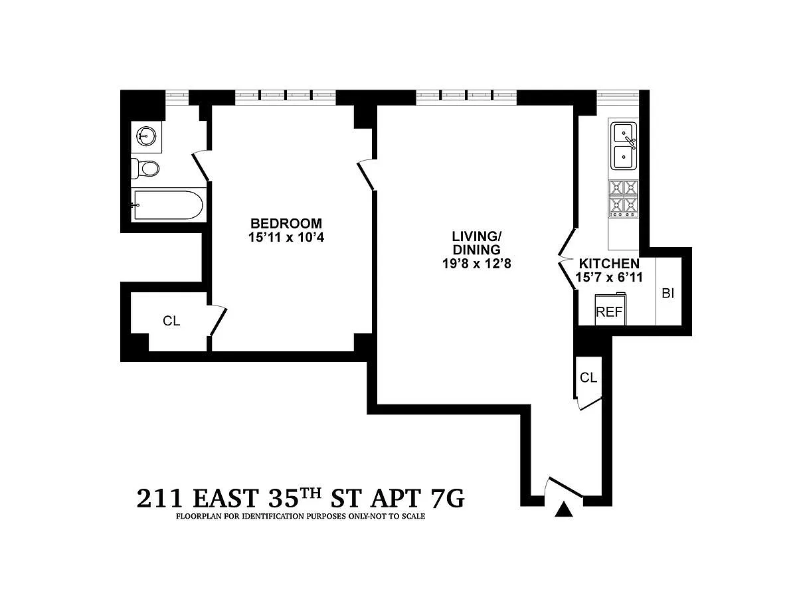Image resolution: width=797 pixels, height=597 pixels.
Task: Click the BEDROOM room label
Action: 286,223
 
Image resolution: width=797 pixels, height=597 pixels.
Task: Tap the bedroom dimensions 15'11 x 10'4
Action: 286,237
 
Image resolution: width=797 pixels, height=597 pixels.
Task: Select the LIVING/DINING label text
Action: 476,243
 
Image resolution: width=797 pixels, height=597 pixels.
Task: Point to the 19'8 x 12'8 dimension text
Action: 476,264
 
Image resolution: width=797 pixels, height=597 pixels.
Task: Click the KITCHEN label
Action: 609,263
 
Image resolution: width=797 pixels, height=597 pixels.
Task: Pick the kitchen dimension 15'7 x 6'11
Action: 609,278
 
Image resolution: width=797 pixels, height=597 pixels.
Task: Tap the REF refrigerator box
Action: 610,309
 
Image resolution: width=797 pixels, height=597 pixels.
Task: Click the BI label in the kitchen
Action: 668,294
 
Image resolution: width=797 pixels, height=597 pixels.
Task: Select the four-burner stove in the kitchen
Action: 624,199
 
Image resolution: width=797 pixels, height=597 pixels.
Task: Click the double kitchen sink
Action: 624,146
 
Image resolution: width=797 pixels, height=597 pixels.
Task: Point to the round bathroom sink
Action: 146,136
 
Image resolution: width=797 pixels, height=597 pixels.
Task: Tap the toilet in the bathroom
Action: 145,169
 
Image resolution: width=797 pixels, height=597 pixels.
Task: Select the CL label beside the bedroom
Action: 171,321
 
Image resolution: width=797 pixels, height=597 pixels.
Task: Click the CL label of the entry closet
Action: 588,378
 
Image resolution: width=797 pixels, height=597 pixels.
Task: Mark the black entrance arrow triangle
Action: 564,509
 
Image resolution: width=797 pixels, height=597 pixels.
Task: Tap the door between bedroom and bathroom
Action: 201,166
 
